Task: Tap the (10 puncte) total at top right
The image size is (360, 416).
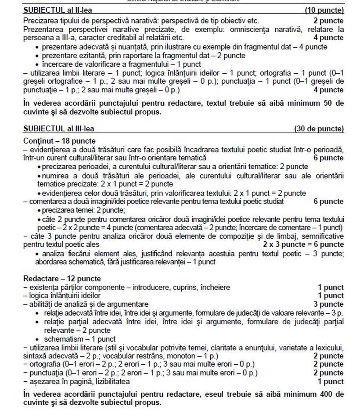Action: tap(324, 10)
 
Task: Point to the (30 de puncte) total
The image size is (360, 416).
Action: tap(319, 129)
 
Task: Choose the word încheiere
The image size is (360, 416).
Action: tap(213, 287)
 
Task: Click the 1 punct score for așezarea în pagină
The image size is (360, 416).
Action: tap(330, 381)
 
